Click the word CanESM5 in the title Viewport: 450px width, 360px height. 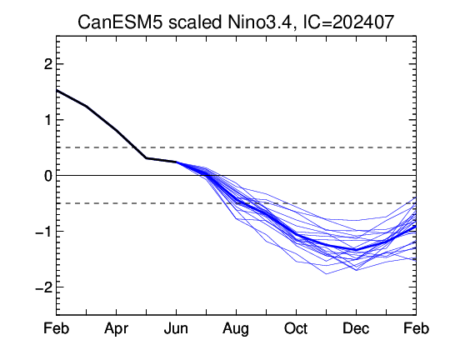tap(120, 22)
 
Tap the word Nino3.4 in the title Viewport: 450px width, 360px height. tap(259, 22)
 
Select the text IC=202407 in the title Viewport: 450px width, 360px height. tap(348, 22)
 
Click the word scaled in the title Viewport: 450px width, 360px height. tap(196, 22)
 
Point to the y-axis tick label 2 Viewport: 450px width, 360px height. tap(48, 64)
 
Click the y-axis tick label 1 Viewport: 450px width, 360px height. tap(48, 120)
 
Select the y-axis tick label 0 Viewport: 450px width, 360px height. tap(48, 176)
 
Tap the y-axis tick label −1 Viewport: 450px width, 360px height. tap(43, 232)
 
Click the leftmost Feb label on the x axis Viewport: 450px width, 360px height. tap(57, 328)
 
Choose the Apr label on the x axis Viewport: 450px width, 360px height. tap(116, 328)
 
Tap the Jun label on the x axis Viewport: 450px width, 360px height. tap(176, 328)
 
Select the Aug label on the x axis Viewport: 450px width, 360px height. tap(236, 329)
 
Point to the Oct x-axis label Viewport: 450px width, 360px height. tap(296, 328)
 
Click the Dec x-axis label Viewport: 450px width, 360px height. tap(356, 328)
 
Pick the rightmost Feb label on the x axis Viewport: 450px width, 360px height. tap(416, 328)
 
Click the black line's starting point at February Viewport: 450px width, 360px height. tap(57, 90)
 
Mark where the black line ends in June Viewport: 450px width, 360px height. tap(176, 162)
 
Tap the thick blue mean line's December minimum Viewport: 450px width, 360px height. tap(356, 250)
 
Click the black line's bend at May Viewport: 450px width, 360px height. tap(147, 158)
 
